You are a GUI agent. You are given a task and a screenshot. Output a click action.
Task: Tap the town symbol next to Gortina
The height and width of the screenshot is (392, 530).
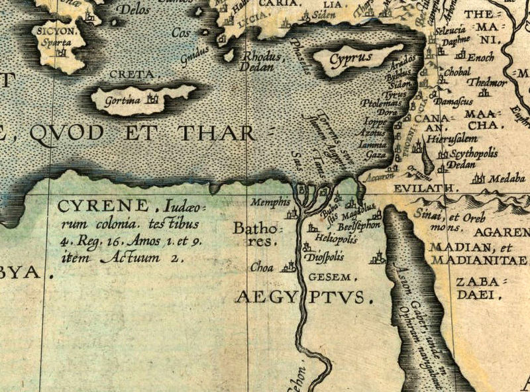(154, 99)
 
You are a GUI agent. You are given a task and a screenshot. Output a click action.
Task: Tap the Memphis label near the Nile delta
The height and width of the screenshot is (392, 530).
(272, 200)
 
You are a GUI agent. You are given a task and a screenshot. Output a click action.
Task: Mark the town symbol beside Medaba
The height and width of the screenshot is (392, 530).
(478, 178)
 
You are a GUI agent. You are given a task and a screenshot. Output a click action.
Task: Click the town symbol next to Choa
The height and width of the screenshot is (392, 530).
(288, 267)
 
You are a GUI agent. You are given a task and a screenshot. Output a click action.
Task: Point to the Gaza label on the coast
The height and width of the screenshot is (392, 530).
(375, 154)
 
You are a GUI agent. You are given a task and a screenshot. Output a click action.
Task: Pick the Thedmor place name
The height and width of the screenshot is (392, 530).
(487, 83)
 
